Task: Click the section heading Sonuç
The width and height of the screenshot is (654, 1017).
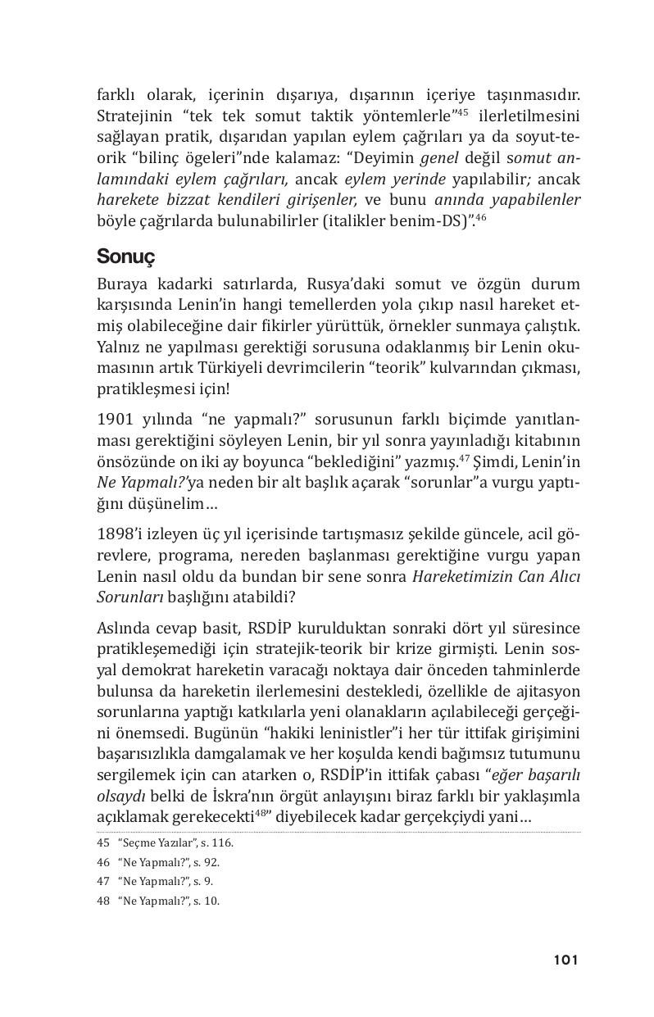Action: coord(126,256)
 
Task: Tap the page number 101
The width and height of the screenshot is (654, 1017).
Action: coord(565,960)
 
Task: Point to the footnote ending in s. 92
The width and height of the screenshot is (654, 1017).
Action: coord(158,861)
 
